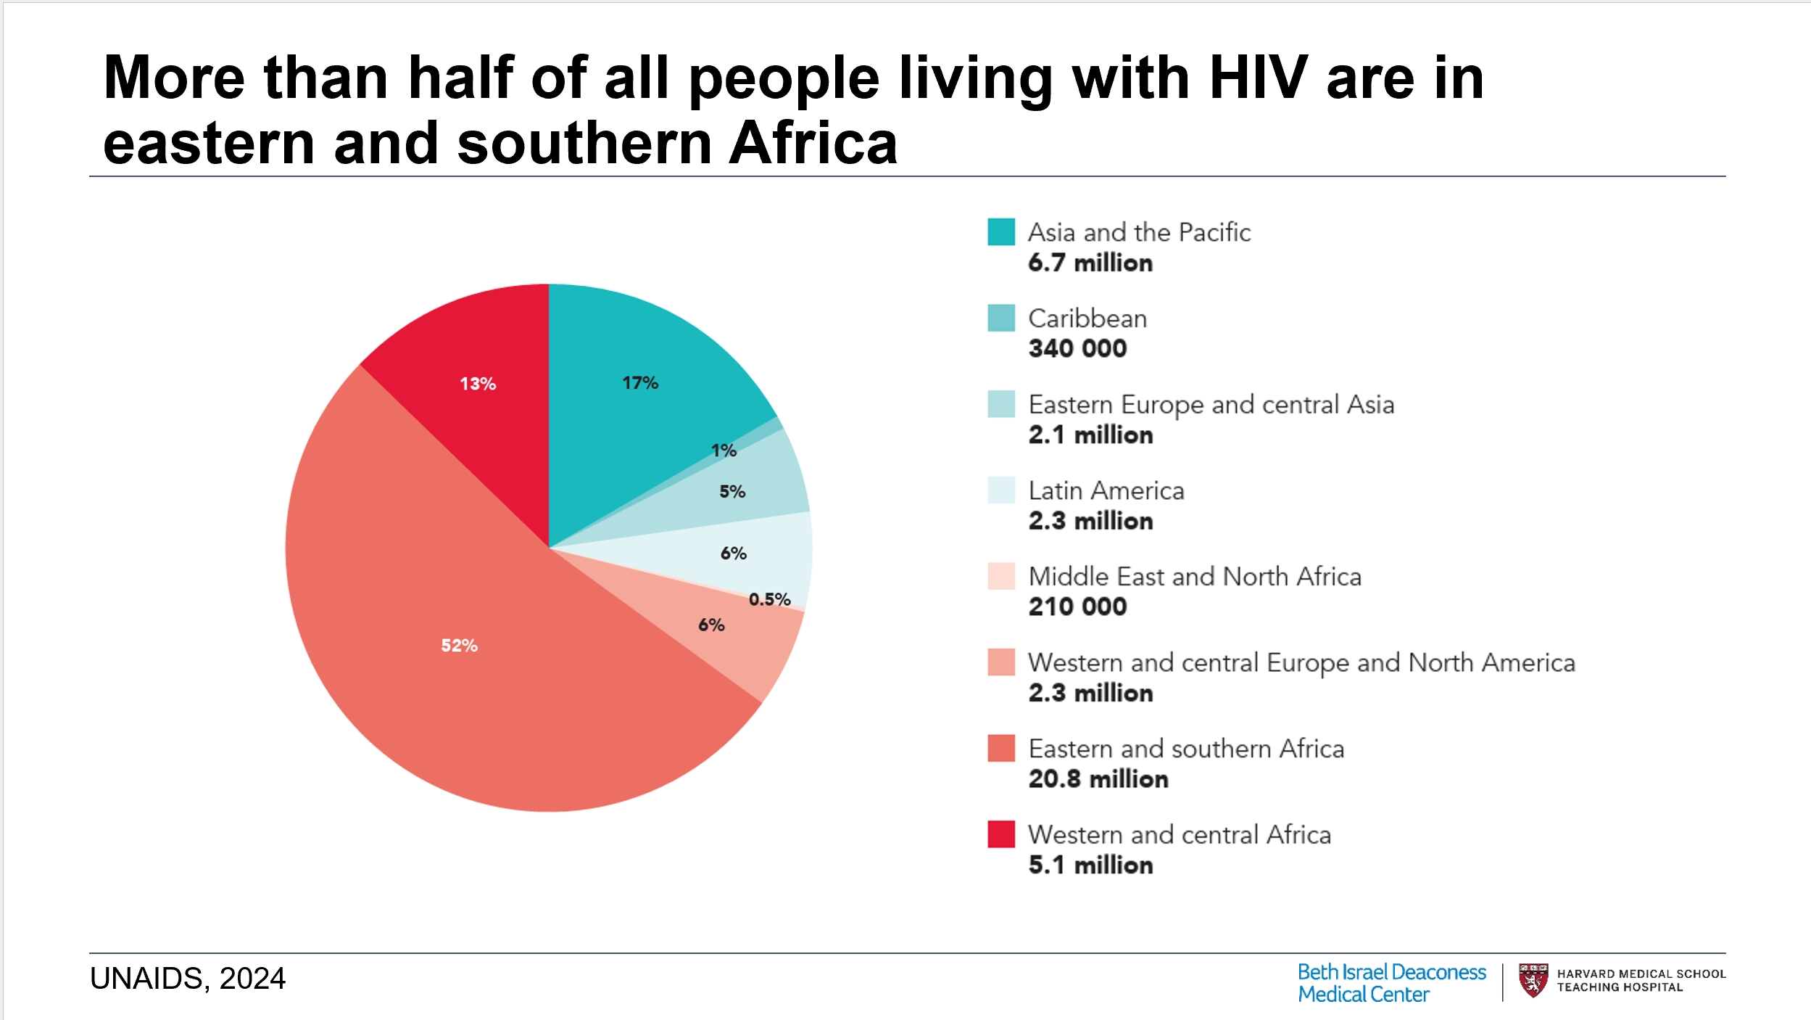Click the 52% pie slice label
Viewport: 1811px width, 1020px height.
pyautogui.click(x=459, y=645)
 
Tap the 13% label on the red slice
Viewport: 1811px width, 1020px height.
pyautogui.click(x=478, y=383)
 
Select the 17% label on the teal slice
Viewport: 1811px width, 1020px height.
pyautogui.click(x=640, y=382)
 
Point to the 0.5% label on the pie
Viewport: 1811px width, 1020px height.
pyautogui.click(x=769, y=599)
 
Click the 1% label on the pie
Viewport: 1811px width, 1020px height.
pyautogui.click(x=724, y=451)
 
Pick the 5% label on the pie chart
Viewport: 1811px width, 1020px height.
pyautogui.click(x=732, y=491)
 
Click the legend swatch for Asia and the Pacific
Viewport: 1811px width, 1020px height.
pyautogui.click(x=1000, y=232)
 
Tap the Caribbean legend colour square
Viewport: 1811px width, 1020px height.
pyautogui.click(x=1000, y=318)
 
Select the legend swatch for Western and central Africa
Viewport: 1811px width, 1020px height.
pyautogui.click(x=1000, y=834)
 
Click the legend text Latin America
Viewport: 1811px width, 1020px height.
pyautogui.click(x=1106, y=490)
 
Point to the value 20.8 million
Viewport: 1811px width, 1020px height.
pyautogui.click(x=1098, y=778)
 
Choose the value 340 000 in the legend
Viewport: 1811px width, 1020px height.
pyautogui.click(x=1077, y=348)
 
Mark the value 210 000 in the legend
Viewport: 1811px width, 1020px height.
pyautogui.click(x=1077, y=606)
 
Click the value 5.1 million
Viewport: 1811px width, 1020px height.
pyautogui.click(x=1090, y=865)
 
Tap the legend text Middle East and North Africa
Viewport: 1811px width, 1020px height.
pyautogui.click(x=1194, y=576)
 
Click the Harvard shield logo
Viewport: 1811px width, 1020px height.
pyautogui.click(x=1533, y=980)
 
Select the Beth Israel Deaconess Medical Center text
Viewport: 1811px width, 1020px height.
pyautogui.click(x=1391, y=983)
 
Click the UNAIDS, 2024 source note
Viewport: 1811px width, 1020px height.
pyautogui.click(x=188, y=978)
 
